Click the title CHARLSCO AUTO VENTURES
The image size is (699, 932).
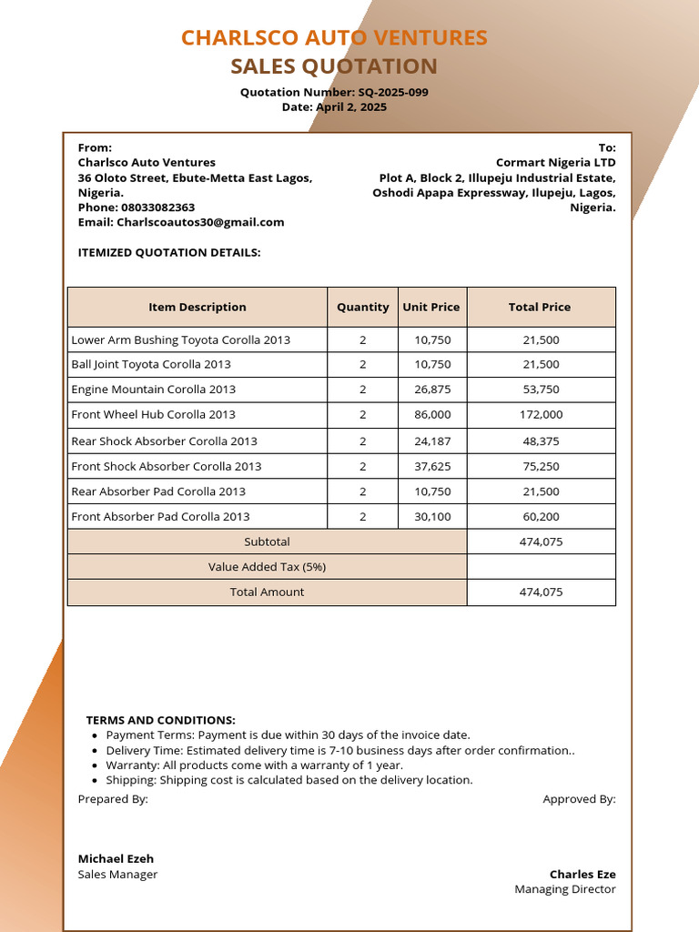coord(334,37)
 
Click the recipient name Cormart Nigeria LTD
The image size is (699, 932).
coord(555,163)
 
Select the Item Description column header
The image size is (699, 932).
coord(198,307)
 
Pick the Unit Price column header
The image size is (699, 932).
coord(431,307)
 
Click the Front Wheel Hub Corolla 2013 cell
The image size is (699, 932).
coord(153,414)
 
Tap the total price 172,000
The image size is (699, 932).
coord(541,414)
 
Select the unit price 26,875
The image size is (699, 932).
coord(432,389)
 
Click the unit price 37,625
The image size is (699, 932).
coord(432,466)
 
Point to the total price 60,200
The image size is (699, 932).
coord(541,516)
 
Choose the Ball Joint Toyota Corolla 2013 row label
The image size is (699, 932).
coord(151,364)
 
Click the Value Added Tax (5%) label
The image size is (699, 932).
coord(267,567)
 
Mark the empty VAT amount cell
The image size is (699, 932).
coord(541,567)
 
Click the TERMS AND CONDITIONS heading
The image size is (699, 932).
coord(160,720)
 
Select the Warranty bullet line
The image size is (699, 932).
coord(254,765)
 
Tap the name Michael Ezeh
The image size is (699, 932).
coord(116,858)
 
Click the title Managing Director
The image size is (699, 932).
coord(564,889)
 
